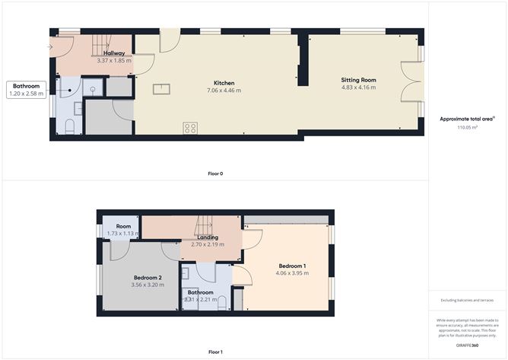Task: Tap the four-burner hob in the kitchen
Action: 190,128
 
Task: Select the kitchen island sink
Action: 162,89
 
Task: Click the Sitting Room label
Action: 357,79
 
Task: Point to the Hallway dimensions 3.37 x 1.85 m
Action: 114,60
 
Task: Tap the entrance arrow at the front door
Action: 50,46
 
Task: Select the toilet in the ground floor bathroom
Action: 69,126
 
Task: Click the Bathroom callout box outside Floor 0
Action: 27,90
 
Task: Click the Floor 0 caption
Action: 215,174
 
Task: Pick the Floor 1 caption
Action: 215,352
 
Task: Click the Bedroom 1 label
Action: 292,266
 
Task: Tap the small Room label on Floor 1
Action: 124,226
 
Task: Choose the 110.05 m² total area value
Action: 467,128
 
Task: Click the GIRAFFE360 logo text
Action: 467,345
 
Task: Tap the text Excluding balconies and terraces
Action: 467,300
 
